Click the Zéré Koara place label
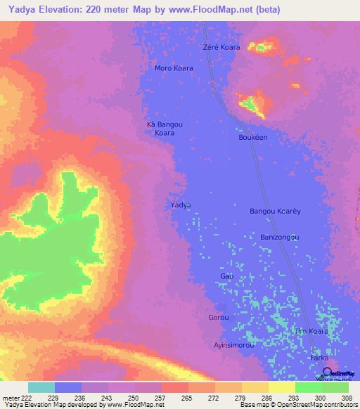(x=221, y=47)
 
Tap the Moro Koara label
(x=174, y=68)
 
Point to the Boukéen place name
(x=253, y=138)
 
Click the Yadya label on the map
(x=181, y=204)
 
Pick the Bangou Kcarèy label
(x=275, y=211)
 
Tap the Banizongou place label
(x=279, y=237)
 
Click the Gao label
(x=226, y=276)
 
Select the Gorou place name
(x=219, y=318)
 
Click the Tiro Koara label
(x=311, y=331)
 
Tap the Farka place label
(x=319, y=358)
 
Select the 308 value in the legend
(x=347, y=398)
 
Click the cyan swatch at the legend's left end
(x=41, y=387)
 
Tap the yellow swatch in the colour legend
(x=281, y=387)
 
